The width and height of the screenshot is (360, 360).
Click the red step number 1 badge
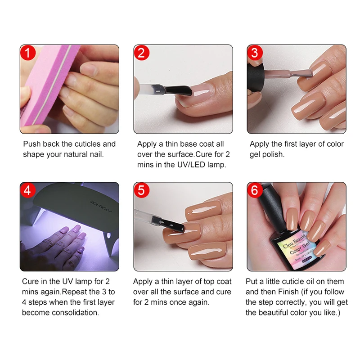click(x=28, y=53)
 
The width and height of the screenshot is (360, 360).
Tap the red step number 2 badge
click(x=142, y=53)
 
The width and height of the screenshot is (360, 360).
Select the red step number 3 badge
click(x=255, y=53)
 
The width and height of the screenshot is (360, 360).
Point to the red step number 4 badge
click(x=28, y=190)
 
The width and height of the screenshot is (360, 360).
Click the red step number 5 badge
click(x=142, y=190)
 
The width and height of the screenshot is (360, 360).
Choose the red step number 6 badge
click(x=255, y=190)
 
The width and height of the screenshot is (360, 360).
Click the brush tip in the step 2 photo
click(x=180, y=90)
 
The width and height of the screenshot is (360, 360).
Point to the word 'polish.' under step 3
click(x=273, y=154)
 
